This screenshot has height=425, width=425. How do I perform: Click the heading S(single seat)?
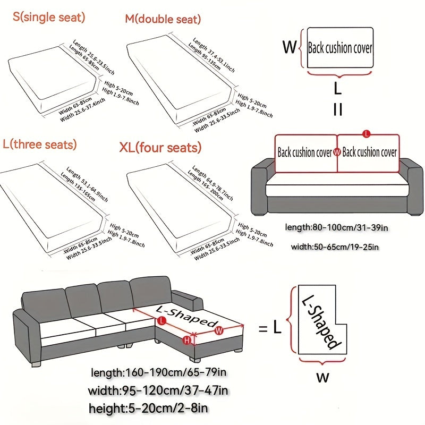(x=49, y=17)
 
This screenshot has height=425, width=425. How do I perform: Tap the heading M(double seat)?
(x=163, y=20)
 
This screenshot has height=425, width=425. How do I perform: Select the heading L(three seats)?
(x=39, y=144)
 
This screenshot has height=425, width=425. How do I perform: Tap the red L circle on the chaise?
(x=160, y=320)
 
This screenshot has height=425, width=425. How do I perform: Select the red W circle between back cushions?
(x=337, y=152)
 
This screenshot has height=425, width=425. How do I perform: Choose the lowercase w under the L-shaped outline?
(x=322, y=378)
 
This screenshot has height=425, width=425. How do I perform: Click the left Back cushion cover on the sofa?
(x=304, y=152)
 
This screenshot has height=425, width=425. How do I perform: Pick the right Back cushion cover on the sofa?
(x=369, y=152)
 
